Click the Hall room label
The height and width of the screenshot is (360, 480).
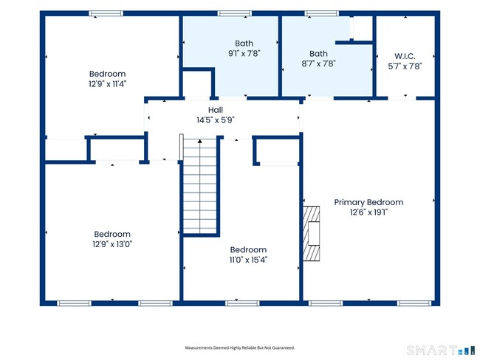pos(216,110)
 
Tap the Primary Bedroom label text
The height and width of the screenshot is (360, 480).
pos(368,202)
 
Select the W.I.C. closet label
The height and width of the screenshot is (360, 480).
pos(405,56)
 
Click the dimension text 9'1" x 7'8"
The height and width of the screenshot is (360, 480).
pos(244,54)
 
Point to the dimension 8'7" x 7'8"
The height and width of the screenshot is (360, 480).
pos(318,63)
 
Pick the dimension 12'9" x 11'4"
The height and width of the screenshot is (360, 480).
pos(108,84)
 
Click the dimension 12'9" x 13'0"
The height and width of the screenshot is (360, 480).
pos(112,244)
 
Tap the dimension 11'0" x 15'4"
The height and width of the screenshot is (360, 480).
pos(248,260)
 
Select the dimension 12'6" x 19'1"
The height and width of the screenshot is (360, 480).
pos(369,212)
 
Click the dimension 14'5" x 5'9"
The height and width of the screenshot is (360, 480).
pos(216,120)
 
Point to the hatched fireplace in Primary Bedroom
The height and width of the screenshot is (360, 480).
pos(312,233)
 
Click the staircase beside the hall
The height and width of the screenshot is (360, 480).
pos(199,186)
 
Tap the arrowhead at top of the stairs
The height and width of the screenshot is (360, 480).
pos(200,141)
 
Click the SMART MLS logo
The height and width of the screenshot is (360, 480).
pos(441,350)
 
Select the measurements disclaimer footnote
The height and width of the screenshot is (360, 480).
pos(240,347)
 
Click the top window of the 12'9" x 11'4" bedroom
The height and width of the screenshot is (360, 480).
pos(106,13)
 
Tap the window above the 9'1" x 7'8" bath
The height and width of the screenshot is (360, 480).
pos(235,13)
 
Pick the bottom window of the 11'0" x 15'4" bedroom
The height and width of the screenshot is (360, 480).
pos(242,303)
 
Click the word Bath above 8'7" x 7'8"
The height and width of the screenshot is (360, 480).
pos(318,54)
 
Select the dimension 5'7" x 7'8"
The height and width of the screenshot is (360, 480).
pos(405,66)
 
